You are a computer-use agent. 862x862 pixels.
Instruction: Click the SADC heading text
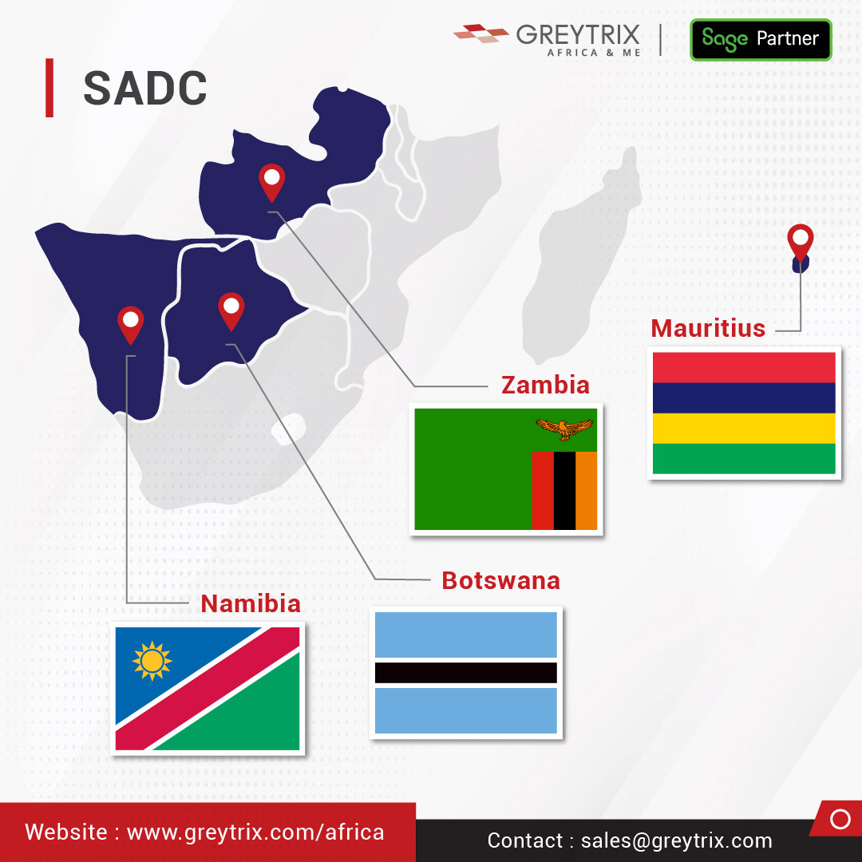click(x=144, y=88)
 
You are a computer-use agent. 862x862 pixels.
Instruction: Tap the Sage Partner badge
click(x=760, y=39)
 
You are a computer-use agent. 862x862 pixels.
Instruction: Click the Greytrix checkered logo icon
click(x=480, y=33)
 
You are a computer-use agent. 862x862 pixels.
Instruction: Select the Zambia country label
click(x=545, y=385)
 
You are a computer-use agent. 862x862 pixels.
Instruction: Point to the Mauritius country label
click(x=708, y=328)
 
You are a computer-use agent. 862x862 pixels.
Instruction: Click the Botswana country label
click(x=500, y=580)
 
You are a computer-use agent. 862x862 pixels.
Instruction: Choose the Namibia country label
click(x=251, y=603)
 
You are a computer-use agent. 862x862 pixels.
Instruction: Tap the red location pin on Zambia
click(x=272, y=180)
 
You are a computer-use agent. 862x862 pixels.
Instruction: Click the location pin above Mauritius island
click(x=800, y=241)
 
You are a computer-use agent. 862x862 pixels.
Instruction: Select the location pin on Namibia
click(x=131, y=323)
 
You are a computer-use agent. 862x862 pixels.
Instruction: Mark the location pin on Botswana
click(x=231, y=310)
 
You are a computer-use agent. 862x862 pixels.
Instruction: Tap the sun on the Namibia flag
click(x=152, y=661)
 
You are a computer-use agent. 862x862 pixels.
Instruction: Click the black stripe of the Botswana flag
click(x=465, y=672)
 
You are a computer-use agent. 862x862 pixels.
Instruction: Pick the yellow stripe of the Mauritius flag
click(x=744, y=429)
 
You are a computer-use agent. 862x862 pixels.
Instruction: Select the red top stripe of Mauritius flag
click(x=744, y=367)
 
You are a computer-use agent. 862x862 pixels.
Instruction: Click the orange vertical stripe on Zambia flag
click(x=587, y=490)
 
